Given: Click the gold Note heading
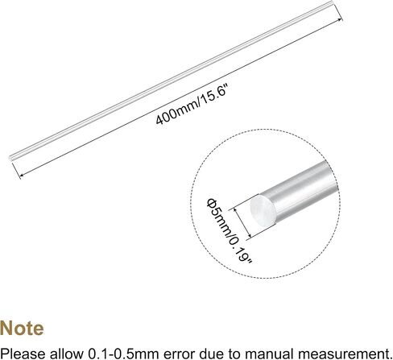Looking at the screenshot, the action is tap(22, 328).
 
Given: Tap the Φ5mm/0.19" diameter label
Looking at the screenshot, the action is tap(230, 231).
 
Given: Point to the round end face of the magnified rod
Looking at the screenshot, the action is tap(263, 210).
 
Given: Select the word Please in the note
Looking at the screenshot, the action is tap(23, 353).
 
